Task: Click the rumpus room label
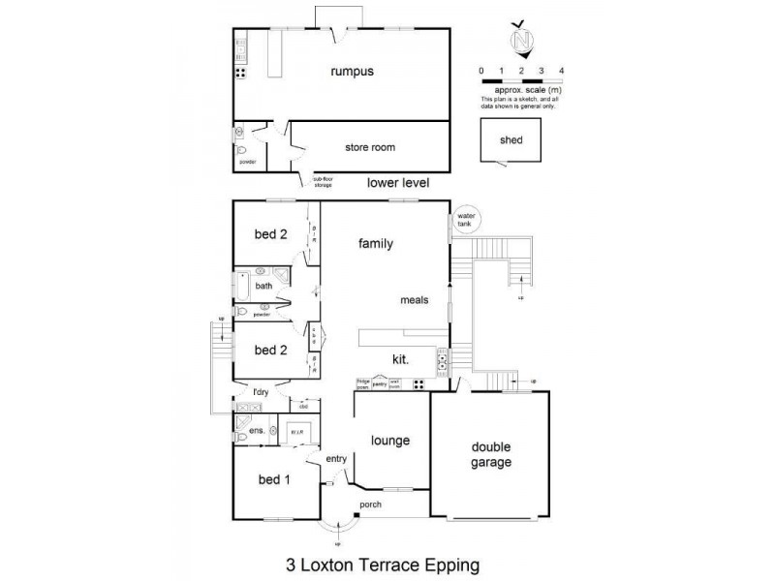[x=351, y=71]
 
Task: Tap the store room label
[x=370, y=147]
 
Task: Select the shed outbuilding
[x=511, y=141]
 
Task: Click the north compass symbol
[x=522, y=42]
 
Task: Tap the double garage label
[x=491, y=455]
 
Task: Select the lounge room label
[x=390, y=441]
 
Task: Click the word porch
[x=371, y=505]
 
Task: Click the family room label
[x=375, y=244]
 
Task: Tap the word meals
[x=414, y=300]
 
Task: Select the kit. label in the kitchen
[x=400, y=358]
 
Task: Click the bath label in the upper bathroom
[x=263, y=286]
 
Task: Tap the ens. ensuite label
[x=258, y=430]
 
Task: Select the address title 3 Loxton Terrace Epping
[x=383, y=561]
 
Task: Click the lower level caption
[x=398, y=182]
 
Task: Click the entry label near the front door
[x=335, y=459]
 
